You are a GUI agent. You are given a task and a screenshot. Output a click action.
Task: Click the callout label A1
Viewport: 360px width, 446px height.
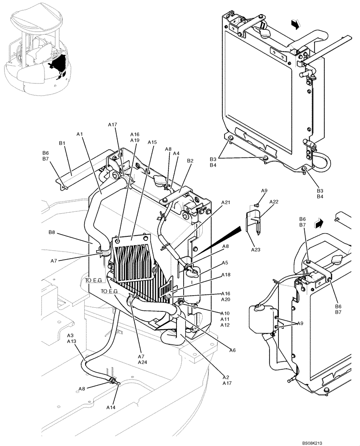pyautogui.click(x=80, y=133)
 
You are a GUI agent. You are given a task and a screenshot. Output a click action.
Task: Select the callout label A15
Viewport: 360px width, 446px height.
pyautogui.click(x=152, y=142)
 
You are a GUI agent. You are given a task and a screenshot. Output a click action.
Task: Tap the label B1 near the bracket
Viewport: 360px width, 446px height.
pyautogui.click(x=62, y=143)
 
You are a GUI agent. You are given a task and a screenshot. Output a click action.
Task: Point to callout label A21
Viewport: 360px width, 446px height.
pyautogui.click(x=226, y=202)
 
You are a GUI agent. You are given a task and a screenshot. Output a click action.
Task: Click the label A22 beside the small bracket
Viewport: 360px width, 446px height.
pyautogui.click(x=274, y=202)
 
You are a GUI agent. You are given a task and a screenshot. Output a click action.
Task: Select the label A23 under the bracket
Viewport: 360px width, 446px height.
pyautogui.click(x=255, y=250)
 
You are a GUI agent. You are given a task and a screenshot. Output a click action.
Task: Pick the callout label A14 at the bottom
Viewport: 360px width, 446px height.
pyautogui.click(x=111, y=407)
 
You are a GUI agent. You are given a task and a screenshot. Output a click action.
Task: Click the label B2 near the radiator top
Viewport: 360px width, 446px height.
pyautogui.click(x=190, y=161)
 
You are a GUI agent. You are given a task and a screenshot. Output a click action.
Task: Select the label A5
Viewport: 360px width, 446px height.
pyautogui.click(x=225, y=263)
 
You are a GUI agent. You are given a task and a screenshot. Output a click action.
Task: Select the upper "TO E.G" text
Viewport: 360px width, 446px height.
pyautogui.click(x=94, y=280)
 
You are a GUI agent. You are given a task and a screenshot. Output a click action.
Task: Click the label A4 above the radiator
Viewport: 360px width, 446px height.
pyautogui.click(x=176, y=153)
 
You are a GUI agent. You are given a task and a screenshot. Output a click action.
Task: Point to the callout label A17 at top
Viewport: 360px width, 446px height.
pyautogui.click(x=112, y=125)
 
